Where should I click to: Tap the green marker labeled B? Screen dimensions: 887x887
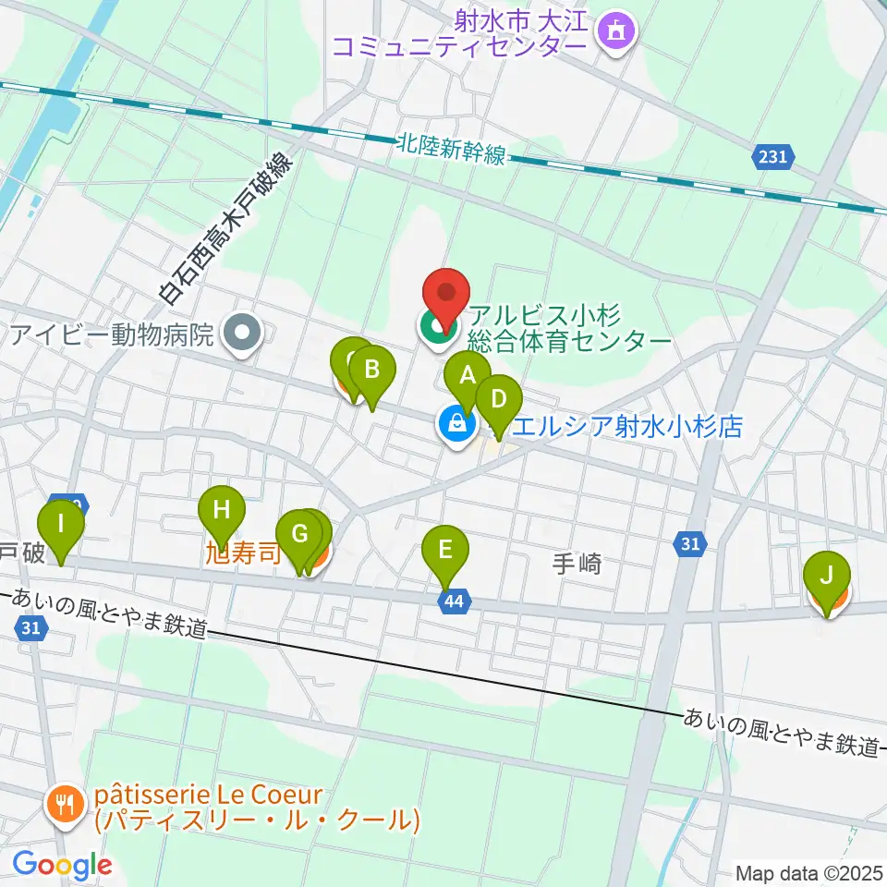[371, 371]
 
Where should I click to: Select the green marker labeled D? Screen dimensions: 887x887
[499, 400]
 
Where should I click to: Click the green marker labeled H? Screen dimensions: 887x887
[221, 509]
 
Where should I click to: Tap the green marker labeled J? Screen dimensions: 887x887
[826, 577]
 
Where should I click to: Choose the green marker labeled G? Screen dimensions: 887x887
[298, 535]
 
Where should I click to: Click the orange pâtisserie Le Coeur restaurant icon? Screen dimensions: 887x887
[64, 806]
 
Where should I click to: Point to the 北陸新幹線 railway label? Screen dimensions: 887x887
[451, 149]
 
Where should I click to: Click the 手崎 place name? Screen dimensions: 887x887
[577, 563]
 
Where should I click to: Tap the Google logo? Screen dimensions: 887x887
[63, 865]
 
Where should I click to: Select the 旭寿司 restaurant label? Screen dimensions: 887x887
[242, 558]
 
